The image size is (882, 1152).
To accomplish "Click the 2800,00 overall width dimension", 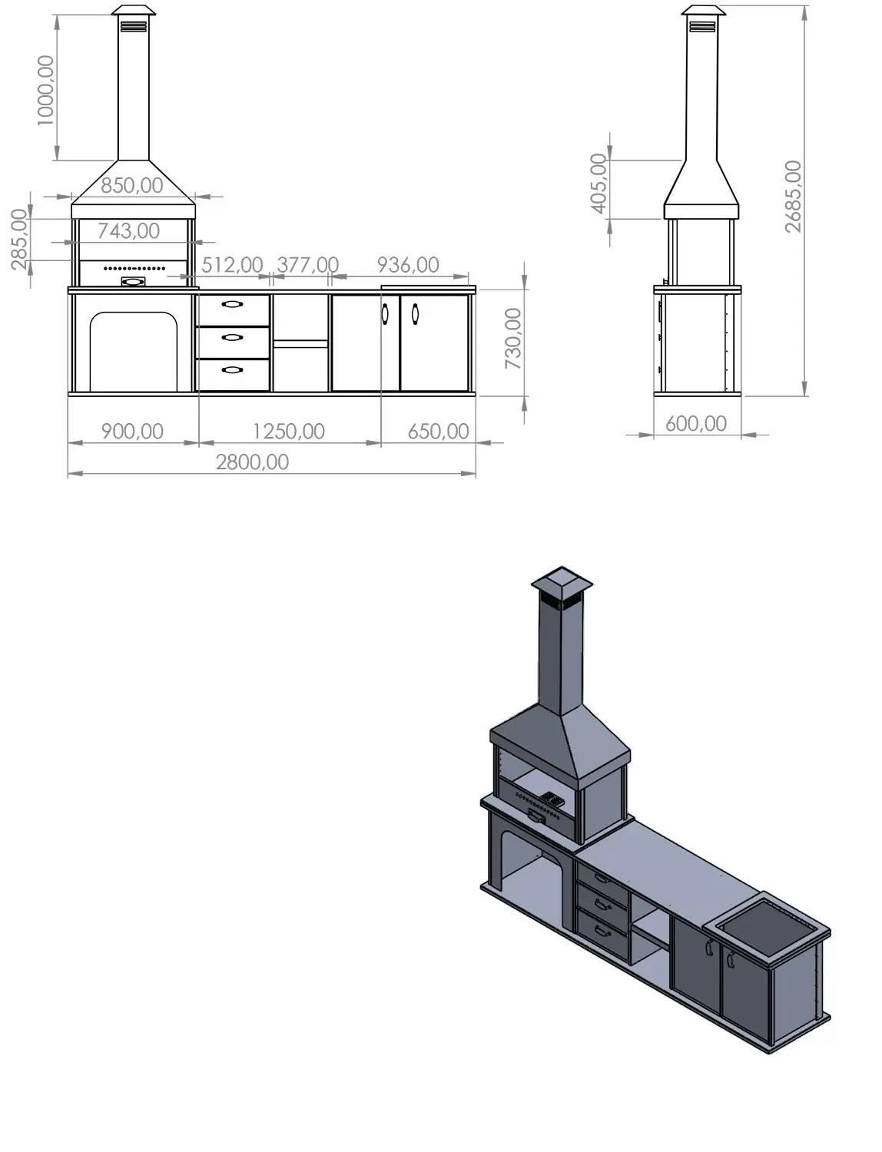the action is click(253, 462).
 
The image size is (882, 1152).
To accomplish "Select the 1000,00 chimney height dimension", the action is click(45, 91).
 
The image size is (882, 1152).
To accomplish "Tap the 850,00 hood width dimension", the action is click(132, 186).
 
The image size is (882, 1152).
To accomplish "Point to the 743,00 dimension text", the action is click(129, 231).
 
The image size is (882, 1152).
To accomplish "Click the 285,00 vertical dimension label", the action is click(19, 239).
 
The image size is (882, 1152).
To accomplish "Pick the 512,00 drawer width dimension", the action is click(232, 265).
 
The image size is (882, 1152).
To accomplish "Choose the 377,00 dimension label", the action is click(307, 265).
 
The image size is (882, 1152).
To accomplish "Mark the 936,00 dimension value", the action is click(408, 265).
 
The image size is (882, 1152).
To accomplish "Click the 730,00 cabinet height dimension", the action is click(513, 339).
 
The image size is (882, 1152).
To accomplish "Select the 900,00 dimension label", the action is click(132, 432).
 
